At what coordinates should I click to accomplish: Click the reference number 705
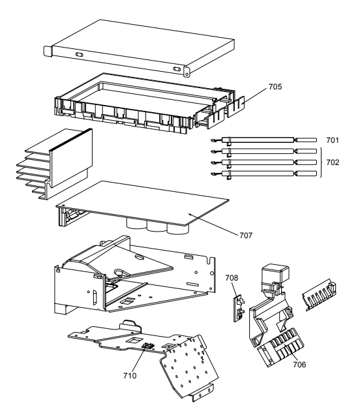(x=275, y=87)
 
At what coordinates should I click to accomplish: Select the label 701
(x=333, y=140)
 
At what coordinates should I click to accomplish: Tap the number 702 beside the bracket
(x=333, y=162)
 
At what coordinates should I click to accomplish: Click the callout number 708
(x=232, y=278)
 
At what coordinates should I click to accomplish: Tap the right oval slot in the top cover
(x=175, y=68)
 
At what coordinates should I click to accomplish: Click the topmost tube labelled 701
(x=261, y=140)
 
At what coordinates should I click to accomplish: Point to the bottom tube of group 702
(x=261, y=174)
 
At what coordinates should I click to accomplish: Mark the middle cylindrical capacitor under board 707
(x=157, y=226)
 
